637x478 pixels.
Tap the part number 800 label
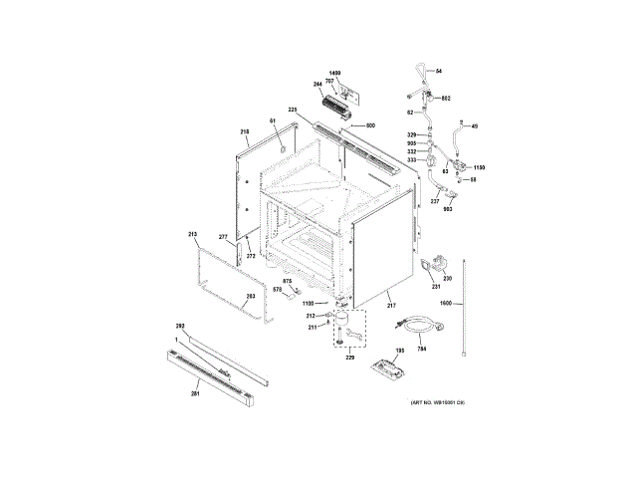[370, 125]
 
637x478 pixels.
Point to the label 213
[193, 234]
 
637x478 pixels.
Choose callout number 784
[421, 349]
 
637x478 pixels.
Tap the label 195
[401, 352]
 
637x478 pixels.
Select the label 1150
[478, 167]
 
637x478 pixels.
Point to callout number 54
[439, 71]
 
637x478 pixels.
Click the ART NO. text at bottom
[438, 401]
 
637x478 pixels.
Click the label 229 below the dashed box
[349, 357]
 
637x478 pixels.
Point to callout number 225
[294, 110]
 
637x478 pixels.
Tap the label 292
[181, 327]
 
